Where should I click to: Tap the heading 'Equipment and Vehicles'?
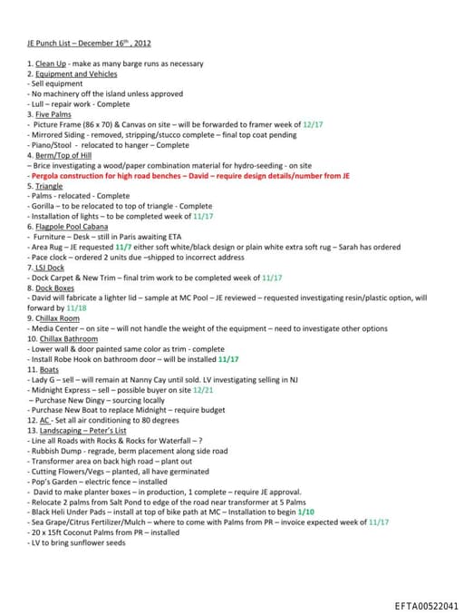pyautogui.click(x=76, y=73)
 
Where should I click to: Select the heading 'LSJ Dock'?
pyautogui.click(x=53, y=267)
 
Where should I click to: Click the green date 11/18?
pyautogui.click(x=76, y=307)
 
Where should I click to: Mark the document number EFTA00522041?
pyautogui.click(x=426, y=605)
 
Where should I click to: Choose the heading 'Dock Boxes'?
pyautogui.click(x=55, y=288)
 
